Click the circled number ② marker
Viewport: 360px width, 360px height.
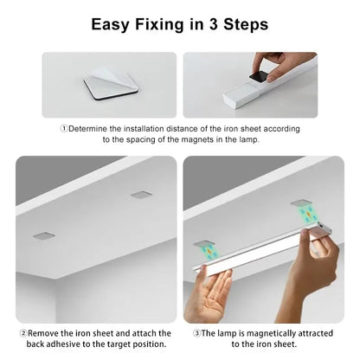[x=22, y=332]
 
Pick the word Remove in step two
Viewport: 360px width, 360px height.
[x=45, y=332]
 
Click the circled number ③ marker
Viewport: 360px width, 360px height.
[x=197, y=332]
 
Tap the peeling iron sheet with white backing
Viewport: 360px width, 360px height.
[x=112, y=85]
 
